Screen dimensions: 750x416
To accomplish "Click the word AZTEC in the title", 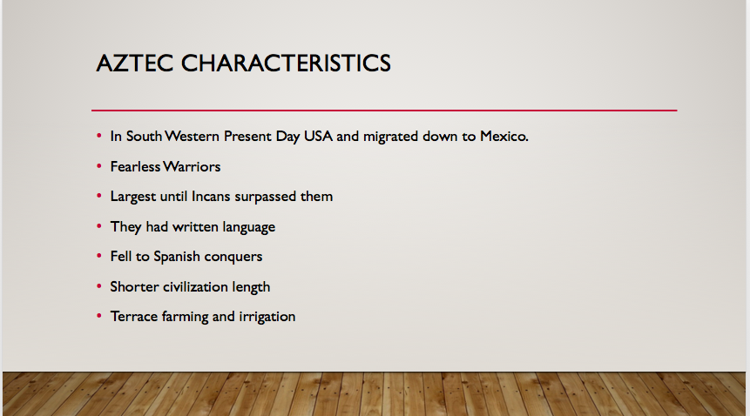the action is coord(135,63).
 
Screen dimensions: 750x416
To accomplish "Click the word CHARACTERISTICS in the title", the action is coord(286,63).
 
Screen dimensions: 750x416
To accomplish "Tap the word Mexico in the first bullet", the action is coord(504,136).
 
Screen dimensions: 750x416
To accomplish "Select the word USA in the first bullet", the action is coord(318,136).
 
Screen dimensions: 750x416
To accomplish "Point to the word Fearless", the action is coord(135,166).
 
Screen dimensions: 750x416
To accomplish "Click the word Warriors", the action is coord(192,166).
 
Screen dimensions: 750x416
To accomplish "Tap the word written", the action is coord(195,226).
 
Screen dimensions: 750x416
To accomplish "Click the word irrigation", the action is coord(267,317).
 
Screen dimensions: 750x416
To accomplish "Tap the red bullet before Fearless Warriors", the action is coord(99,166).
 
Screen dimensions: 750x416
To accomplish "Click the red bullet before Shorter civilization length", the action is coord(99,286).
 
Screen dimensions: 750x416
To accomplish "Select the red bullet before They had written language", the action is coord(99,226).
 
